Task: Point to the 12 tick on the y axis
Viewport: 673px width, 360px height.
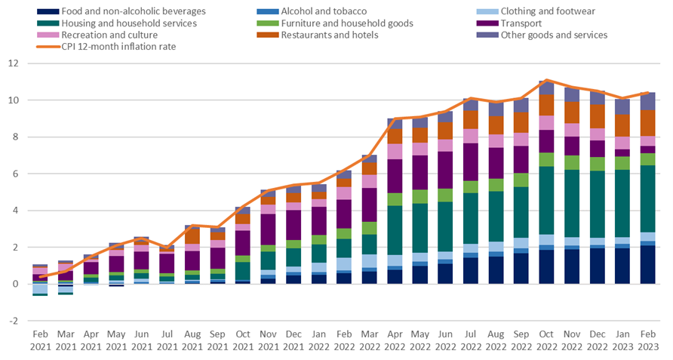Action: click(x=12, y=63)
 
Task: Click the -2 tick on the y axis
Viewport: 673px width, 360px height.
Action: click(x=12, y=320)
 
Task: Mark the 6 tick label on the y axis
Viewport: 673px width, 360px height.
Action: click(x=14, y=174)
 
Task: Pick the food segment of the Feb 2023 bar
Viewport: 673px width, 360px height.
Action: click(x=648, y=264)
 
